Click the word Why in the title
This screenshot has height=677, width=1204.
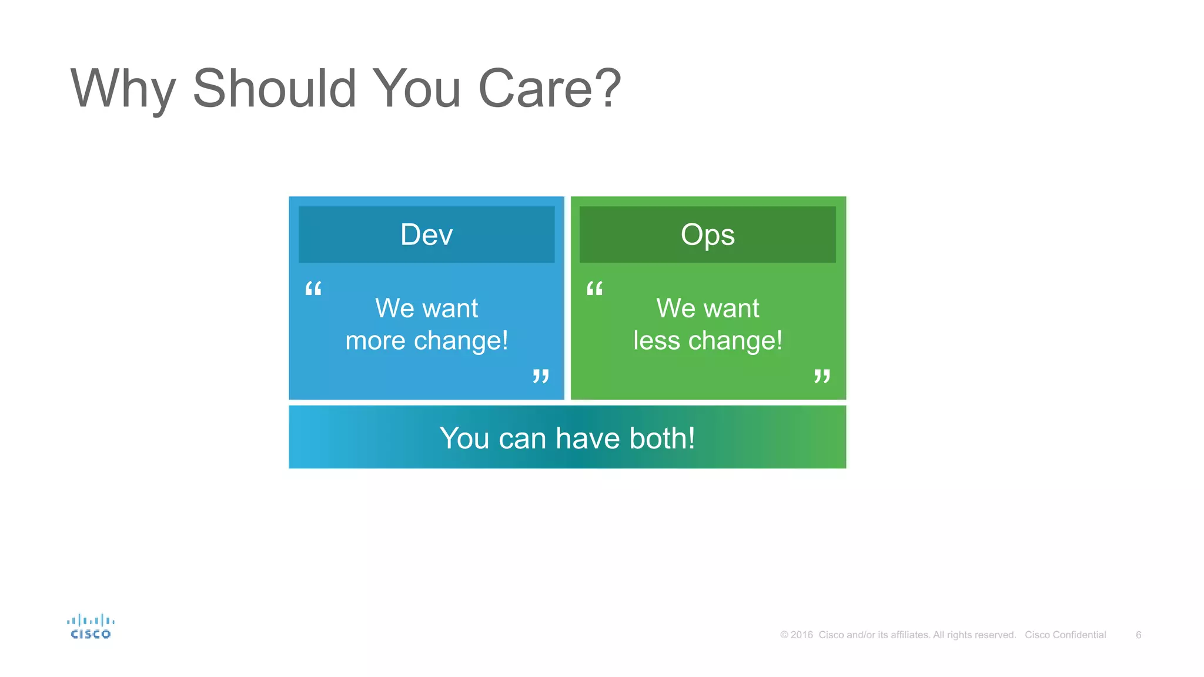[123, 89]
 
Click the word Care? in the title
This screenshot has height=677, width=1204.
[550, 89]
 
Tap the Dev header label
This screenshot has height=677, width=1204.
[426, 234]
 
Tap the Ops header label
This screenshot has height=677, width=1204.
[707, 234]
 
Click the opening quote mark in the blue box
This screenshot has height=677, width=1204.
[313, 289]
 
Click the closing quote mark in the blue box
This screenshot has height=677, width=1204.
[541, 376]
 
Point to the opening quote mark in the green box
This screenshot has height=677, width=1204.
[594, 289]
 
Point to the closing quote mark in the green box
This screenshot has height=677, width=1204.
[822, 376]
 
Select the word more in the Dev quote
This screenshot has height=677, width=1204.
[375, 341]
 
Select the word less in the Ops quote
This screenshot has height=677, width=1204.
[656, 341]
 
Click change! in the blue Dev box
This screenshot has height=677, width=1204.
[461, 341]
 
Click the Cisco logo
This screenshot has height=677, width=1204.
[91, 626]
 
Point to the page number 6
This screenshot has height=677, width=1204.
[1138, 635]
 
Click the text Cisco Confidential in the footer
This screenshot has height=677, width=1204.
[1065, 635]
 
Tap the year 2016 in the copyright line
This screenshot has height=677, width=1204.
[801, 635]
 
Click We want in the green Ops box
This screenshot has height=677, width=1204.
[707, 309]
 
